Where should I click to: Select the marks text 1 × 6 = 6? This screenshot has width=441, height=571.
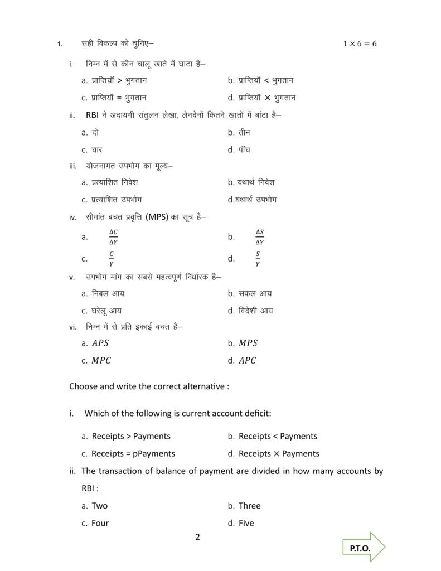(x=360, y=44)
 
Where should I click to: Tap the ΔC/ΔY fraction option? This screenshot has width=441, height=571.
(x=113, y=237)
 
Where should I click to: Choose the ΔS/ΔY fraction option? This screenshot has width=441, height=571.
(x=260, y=237)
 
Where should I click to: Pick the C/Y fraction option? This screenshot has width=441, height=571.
(x=112, y=258)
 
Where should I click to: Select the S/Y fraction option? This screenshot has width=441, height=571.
(x=258, y=258)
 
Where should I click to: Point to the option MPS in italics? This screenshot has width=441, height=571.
(x=248, y=343)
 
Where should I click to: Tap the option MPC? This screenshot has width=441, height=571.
(x=101, y=360)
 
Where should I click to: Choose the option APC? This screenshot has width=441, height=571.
(x=247, y=360)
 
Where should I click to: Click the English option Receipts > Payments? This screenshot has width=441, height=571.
(x=131, y=436)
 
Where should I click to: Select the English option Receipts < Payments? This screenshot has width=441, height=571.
(x=278, y=436)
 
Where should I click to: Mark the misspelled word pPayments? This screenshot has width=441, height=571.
(x=154, y=453)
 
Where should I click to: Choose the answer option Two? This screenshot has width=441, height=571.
(x=100, y=506)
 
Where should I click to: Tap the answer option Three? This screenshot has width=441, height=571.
(x=249, y=506)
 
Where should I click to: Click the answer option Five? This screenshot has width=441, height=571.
(x=246, y=523)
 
